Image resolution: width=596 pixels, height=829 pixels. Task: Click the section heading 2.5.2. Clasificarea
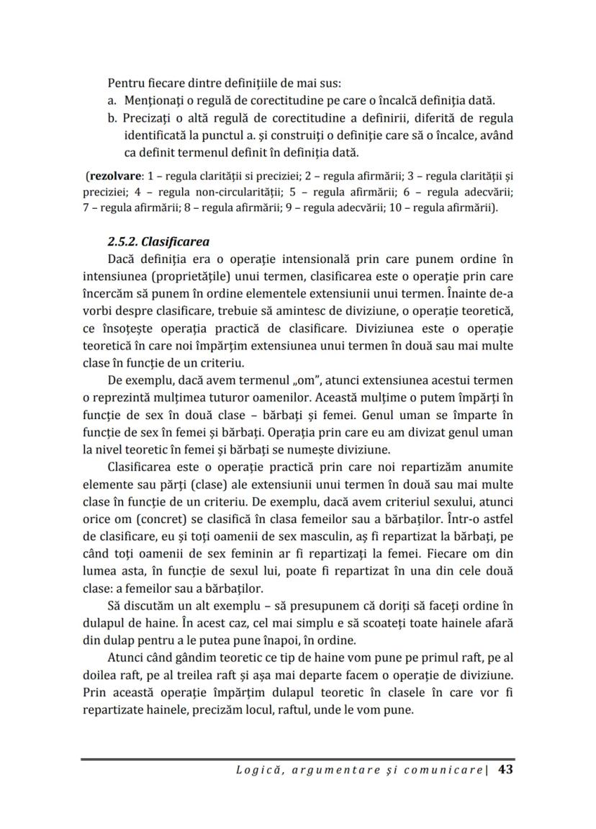click(x=159, y=241)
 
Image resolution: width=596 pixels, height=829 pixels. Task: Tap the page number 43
click(x=505, y=770)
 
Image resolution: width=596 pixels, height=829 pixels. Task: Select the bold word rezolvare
click(x=112, y=176)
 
